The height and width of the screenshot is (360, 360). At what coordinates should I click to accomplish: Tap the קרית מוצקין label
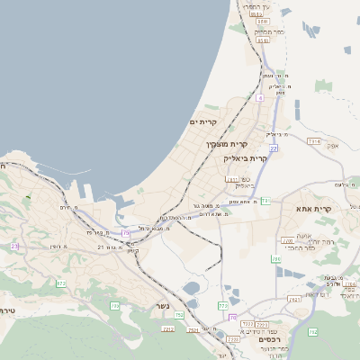coord(227,144)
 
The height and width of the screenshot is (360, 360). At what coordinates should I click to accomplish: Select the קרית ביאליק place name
coord(247,157)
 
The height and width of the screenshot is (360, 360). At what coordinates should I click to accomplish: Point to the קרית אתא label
coord(314,209)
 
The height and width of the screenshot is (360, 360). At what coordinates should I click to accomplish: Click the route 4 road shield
coord(259,97)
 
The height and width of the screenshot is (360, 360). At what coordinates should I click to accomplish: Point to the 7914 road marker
coord(313,141)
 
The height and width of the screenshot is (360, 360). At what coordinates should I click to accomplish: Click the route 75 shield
coord(126,233)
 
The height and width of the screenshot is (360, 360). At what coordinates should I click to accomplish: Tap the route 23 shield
coord(14,246)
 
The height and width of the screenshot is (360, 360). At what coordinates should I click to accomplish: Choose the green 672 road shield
coord(61,284)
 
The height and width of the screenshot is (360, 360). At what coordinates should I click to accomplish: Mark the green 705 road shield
coord(115,307)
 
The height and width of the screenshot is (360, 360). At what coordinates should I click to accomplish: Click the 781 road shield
coord(232,180)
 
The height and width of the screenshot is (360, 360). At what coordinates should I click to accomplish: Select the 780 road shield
coord(289,240)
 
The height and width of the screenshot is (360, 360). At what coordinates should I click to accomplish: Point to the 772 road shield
coord(222,307)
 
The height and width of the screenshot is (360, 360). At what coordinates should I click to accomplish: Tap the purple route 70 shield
coord(232,318)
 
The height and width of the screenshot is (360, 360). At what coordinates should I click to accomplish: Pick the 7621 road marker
coord(293,299)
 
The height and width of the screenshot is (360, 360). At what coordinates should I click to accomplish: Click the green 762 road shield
coord(313,333)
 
